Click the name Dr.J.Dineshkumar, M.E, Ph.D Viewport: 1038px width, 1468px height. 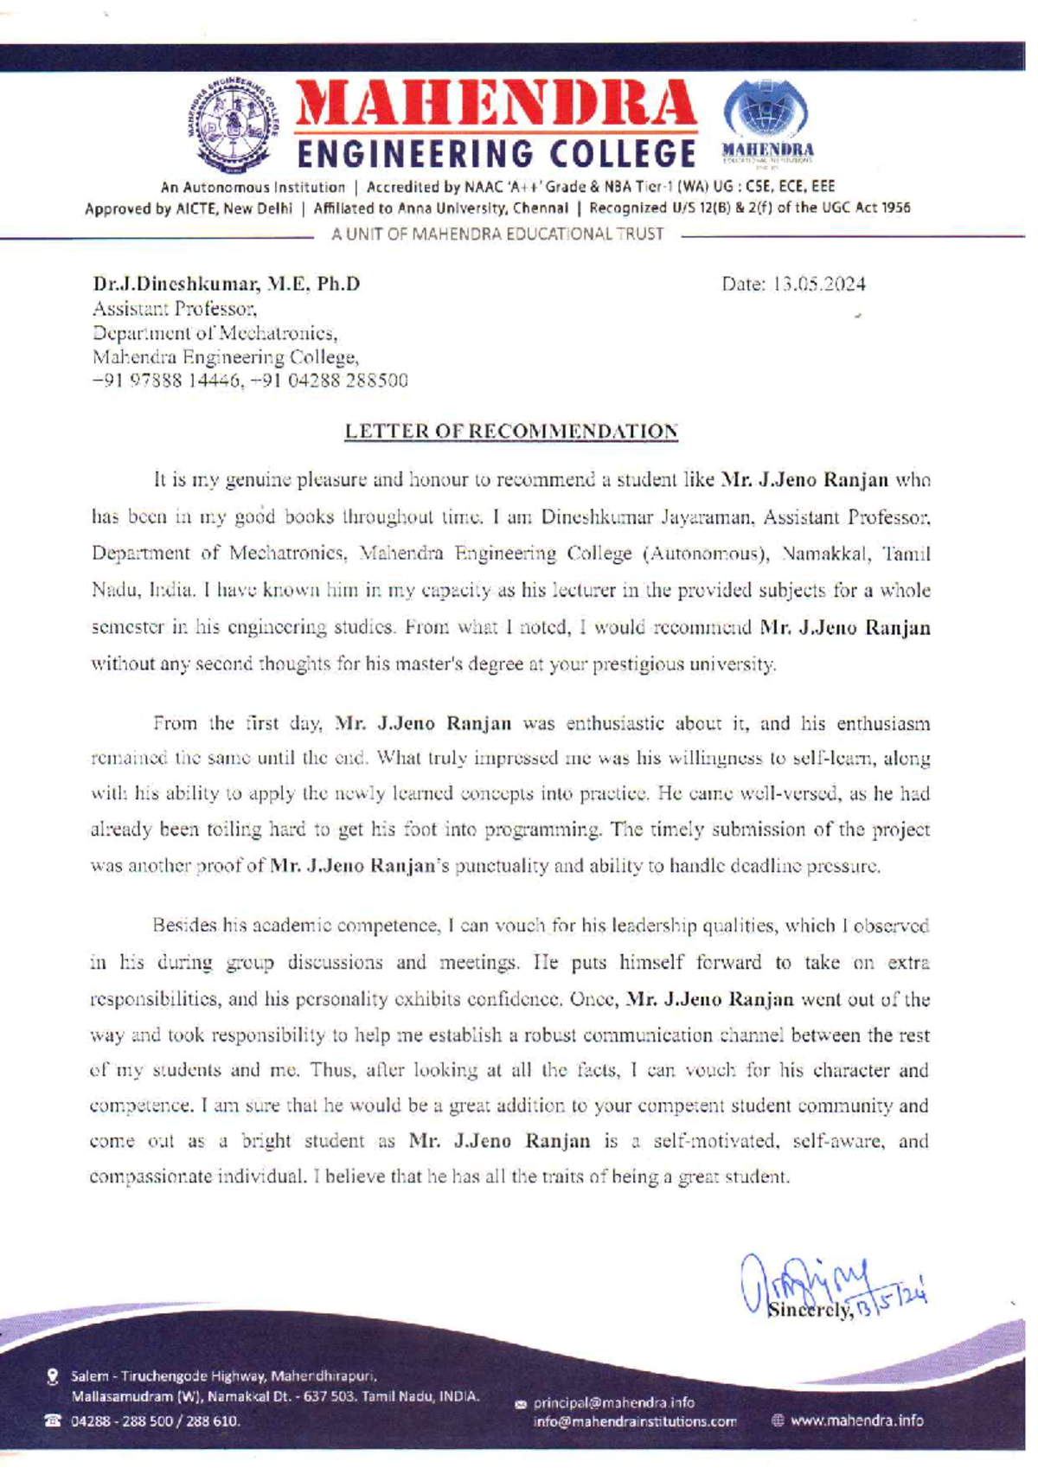click(227, 284)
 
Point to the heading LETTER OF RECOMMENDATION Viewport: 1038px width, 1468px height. click(511, 431)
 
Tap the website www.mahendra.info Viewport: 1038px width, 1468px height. click(855, 1420)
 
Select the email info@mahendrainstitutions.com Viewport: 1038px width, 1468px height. click(636, 1421)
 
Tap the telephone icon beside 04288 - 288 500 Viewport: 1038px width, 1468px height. click(54, 1420)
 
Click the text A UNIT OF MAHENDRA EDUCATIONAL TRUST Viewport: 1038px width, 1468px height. click(498, 234)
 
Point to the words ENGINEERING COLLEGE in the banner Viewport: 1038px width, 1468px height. click(497, 155)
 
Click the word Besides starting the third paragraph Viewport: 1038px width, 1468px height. click(182, 926)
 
